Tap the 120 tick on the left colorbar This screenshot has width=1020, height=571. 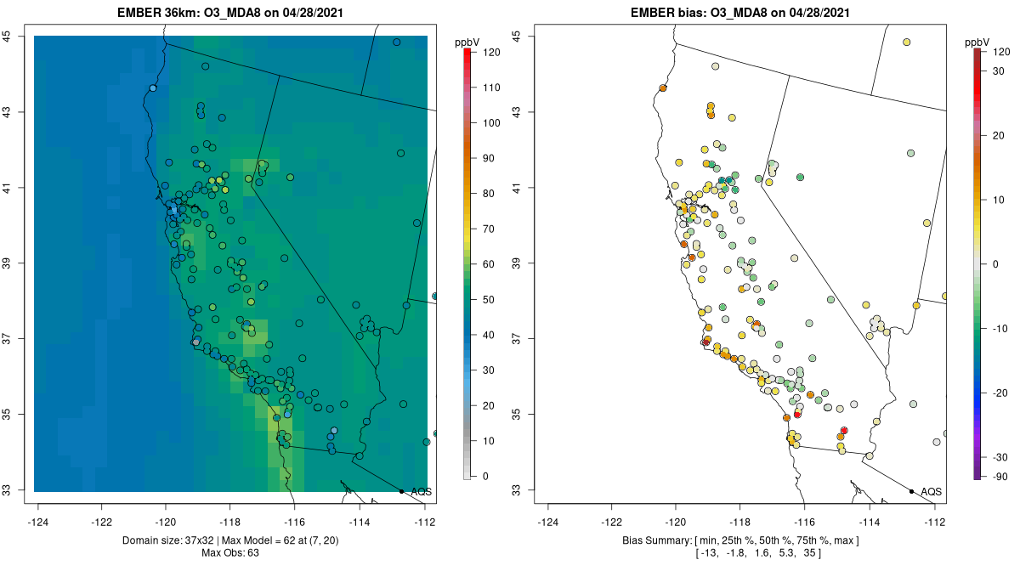coord(491,52)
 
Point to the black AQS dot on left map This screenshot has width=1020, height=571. coord(401,491)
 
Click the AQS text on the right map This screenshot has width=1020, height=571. coord(932,491)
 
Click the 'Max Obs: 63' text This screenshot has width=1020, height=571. coord(230,553)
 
